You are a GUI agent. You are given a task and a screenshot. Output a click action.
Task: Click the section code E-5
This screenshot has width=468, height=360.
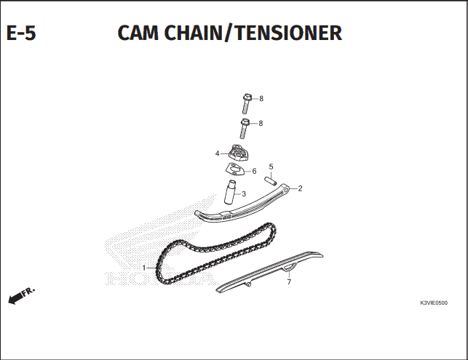tap(21, 33)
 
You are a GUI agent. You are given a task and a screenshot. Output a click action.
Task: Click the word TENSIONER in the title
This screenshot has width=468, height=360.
tap(288, 33)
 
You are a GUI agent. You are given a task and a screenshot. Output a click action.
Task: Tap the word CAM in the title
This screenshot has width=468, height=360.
tap(138, 33)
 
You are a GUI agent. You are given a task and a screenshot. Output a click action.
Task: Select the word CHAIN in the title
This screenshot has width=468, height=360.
tap(193, 33)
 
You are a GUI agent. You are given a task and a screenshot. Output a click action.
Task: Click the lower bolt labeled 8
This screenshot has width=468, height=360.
tap(245, 128)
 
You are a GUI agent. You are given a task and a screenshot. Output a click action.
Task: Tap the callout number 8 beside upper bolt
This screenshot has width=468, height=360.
tap(261, 98)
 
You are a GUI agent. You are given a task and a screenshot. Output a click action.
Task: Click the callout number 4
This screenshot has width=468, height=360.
tap(218, 153)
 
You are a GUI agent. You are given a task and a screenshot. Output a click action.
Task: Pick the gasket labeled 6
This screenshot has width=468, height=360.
tap(235, 170)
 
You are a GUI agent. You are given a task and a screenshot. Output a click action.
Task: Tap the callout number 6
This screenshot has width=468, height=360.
tap(254, 171)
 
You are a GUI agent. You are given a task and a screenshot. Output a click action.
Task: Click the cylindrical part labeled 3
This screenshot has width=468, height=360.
tap(230, 193)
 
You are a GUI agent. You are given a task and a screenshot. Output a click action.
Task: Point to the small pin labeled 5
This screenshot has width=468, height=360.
tap(271, 181)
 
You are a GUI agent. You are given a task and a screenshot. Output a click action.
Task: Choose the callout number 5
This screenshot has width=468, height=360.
tap(271, 167)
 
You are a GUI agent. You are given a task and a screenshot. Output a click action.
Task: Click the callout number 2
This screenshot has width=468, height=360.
tap(301, 188)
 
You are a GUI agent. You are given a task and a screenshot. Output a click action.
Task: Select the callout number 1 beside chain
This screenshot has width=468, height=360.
tap(144, 268)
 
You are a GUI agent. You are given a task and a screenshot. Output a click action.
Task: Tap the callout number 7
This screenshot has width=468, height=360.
tap(289, 282)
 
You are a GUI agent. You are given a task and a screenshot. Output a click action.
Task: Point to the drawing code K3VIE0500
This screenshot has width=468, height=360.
tap(434, 303)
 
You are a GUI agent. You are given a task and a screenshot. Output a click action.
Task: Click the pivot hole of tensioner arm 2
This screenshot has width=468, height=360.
tap(286, 189)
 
